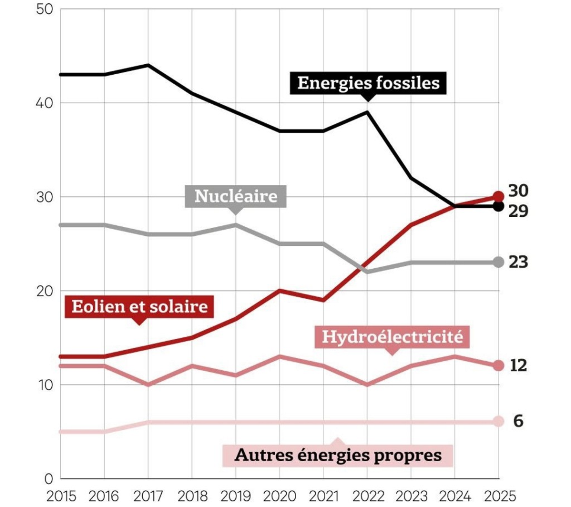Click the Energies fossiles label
click(x=368, y=83)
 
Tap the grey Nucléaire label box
click(x=236, y=196)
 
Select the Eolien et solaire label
click(x=139, y=307)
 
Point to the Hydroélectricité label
click(x=392, y=337)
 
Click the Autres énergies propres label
click(x=338, y=455)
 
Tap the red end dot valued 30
click(x=499, y=196)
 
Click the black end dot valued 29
click(x=499, y=206)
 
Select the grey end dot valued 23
click(x=499, y=262)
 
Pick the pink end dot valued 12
click(x=499, y=366)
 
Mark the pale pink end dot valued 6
click(x=499, y=422)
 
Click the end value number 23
click(x=518, y=262)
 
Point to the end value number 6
click(x=518, y=422)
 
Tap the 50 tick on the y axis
click(x=45, y=9)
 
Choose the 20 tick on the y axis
click(x=45, y=291)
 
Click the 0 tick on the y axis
click(x=49, y=479)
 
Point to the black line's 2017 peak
click(x=148, y=65)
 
